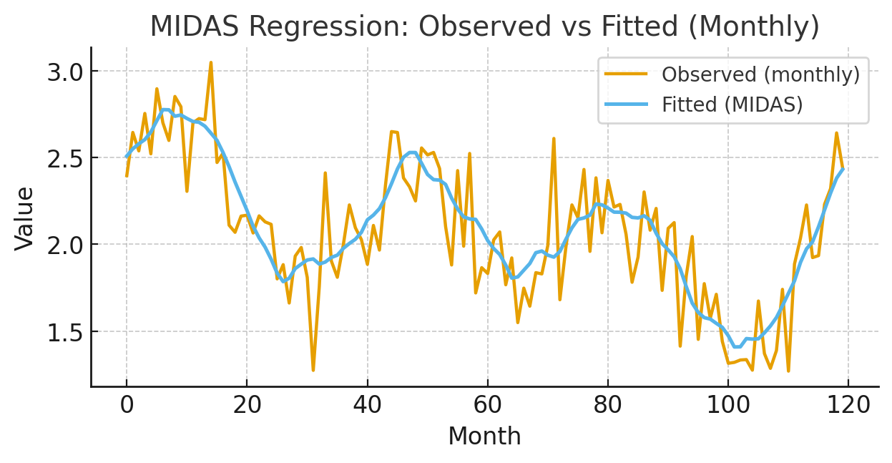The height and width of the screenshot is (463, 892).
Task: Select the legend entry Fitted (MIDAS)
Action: point(732,104)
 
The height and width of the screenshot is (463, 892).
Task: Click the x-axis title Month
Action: point(484,436)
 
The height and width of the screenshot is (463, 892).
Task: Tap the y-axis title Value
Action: point(25,218)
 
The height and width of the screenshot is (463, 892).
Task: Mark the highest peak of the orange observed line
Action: point(210,63)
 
